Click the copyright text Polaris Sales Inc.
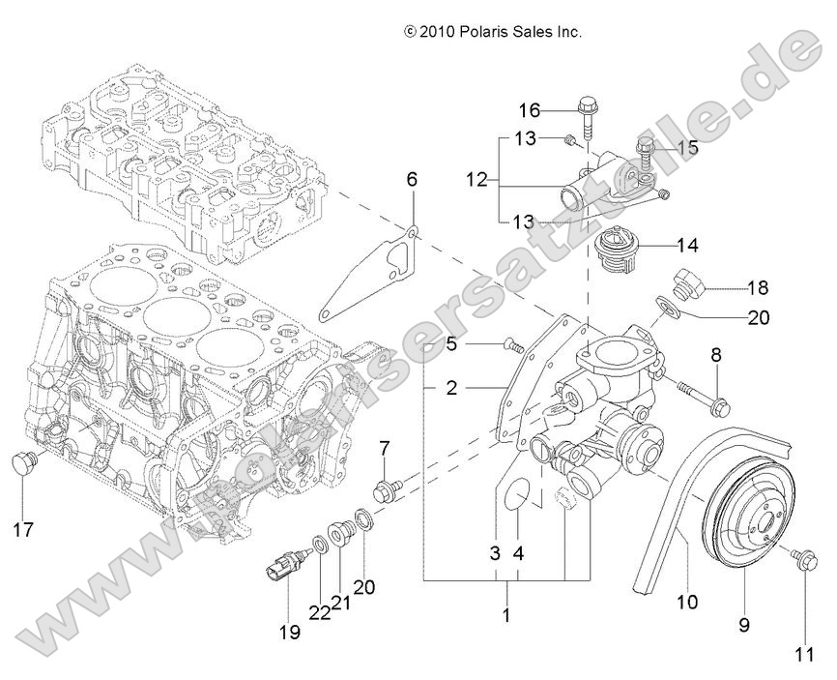[493, 32]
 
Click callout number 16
[529, 108]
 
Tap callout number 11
[803, 654]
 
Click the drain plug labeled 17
[23, 464]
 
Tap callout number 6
[412, 178]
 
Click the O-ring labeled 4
[518, 492]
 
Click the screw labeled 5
[511, 343]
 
